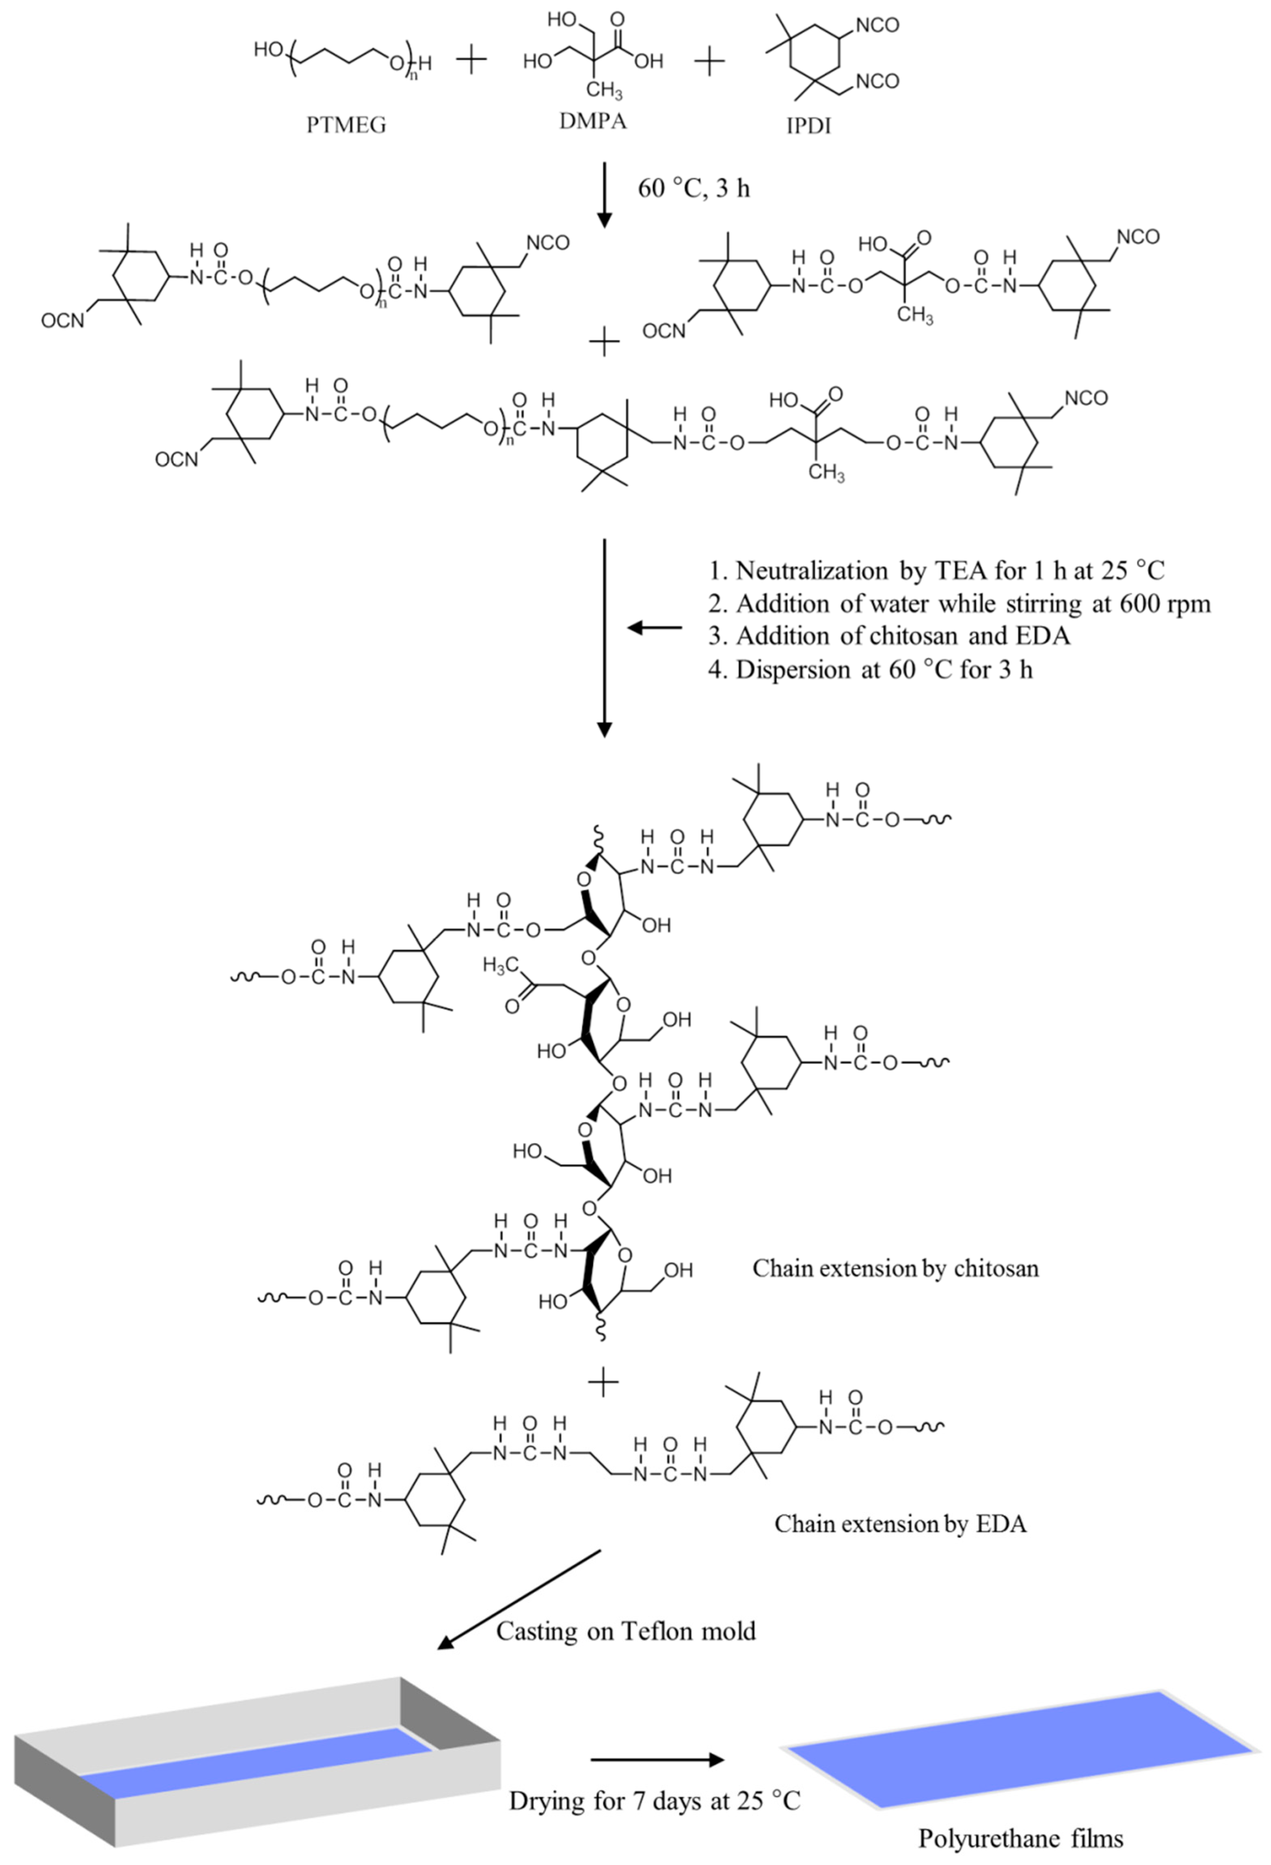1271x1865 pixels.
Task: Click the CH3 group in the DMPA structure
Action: pyautogui.click(x=603, y=91)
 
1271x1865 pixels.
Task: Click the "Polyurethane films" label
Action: pyautogui.click(x=1021, y=1838)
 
